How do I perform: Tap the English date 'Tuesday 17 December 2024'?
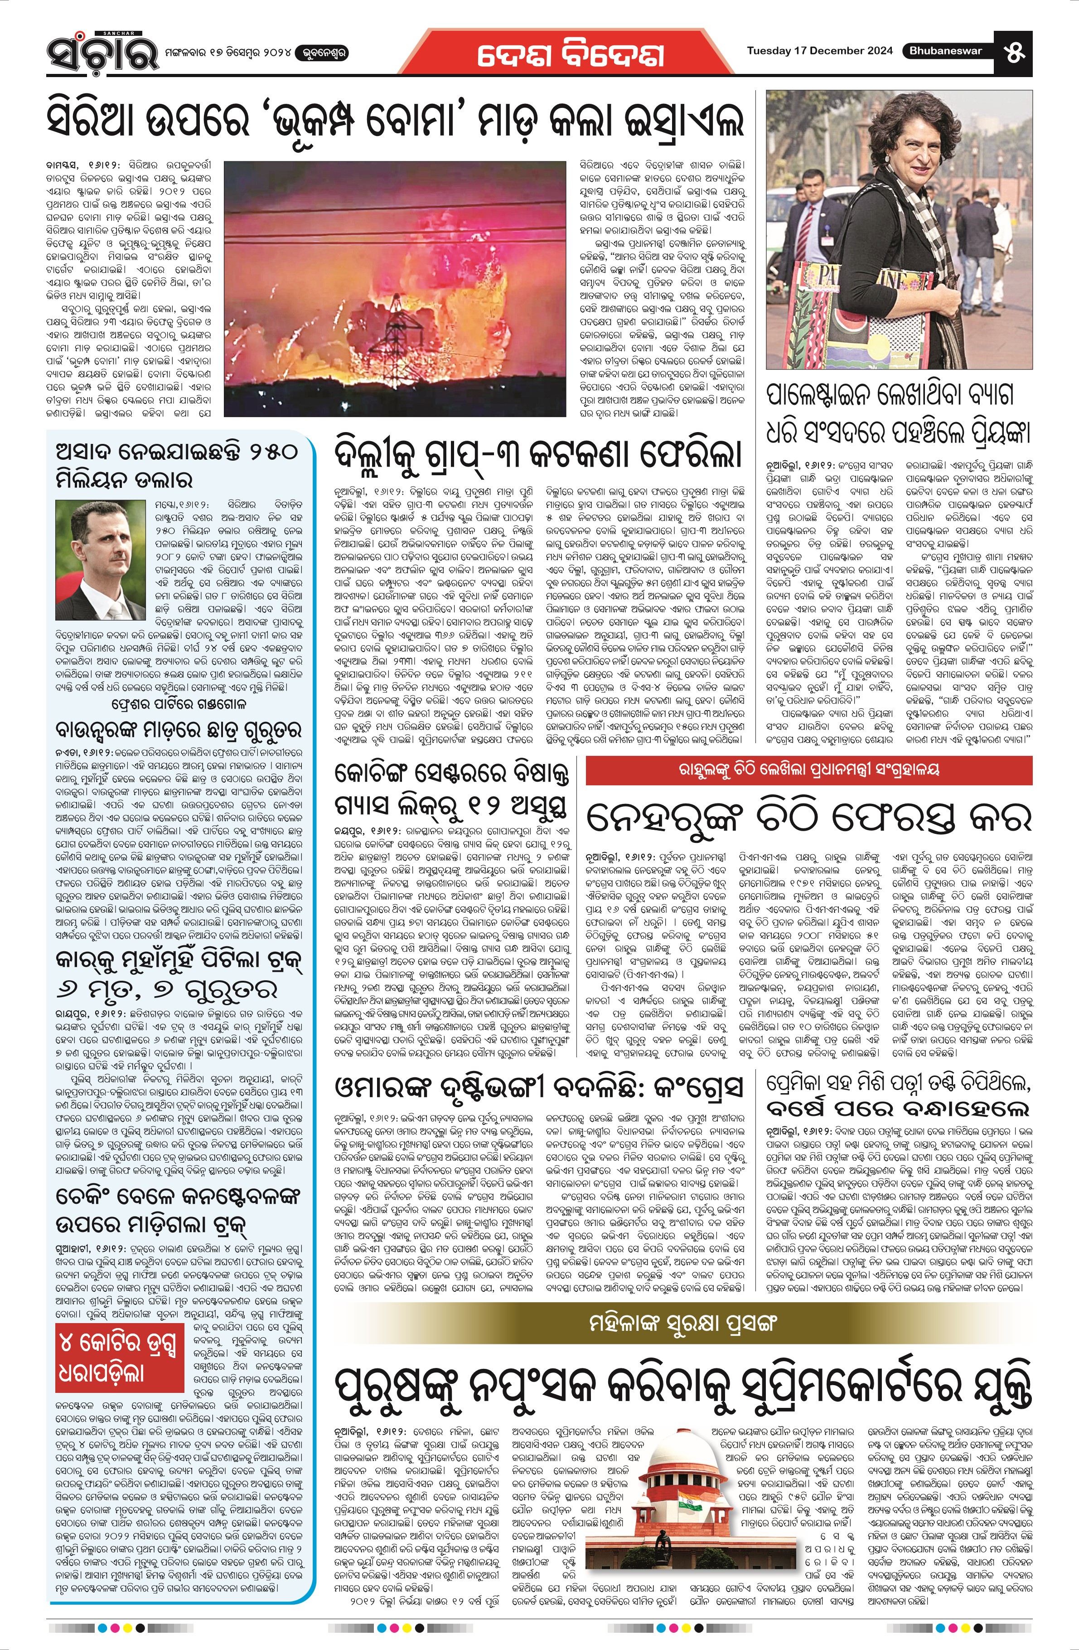[x=819, y=51]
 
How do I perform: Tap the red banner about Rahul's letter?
[x=809, y=769]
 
